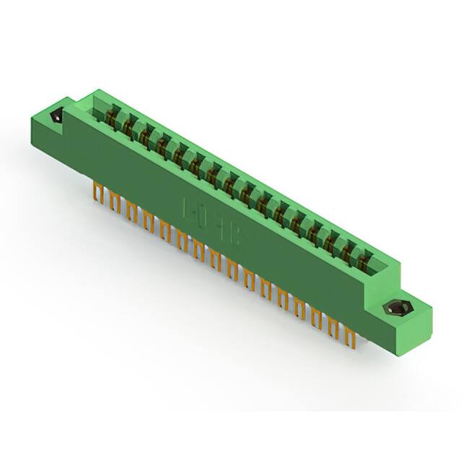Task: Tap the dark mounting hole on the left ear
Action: point(56,116)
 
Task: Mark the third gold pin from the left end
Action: point(131,209)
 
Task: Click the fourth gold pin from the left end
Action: point(147,218)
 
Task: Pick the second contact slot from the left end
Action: point(129,126)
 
